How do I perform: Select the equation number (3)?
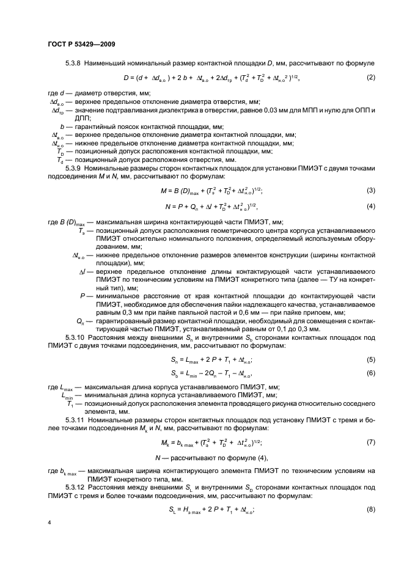point(370,191)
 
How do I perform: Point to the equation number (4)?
point(370,206)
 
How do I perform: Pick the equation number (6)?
point(370,373)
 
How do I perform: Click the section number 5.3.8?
point(73,64)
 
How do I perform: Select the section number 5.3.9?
point(73,167)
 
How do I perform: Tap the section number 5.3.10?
point(75,337)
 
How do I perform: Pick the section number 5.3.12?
point(75,488)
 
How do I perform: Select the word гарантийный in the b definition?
point(97,126)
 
